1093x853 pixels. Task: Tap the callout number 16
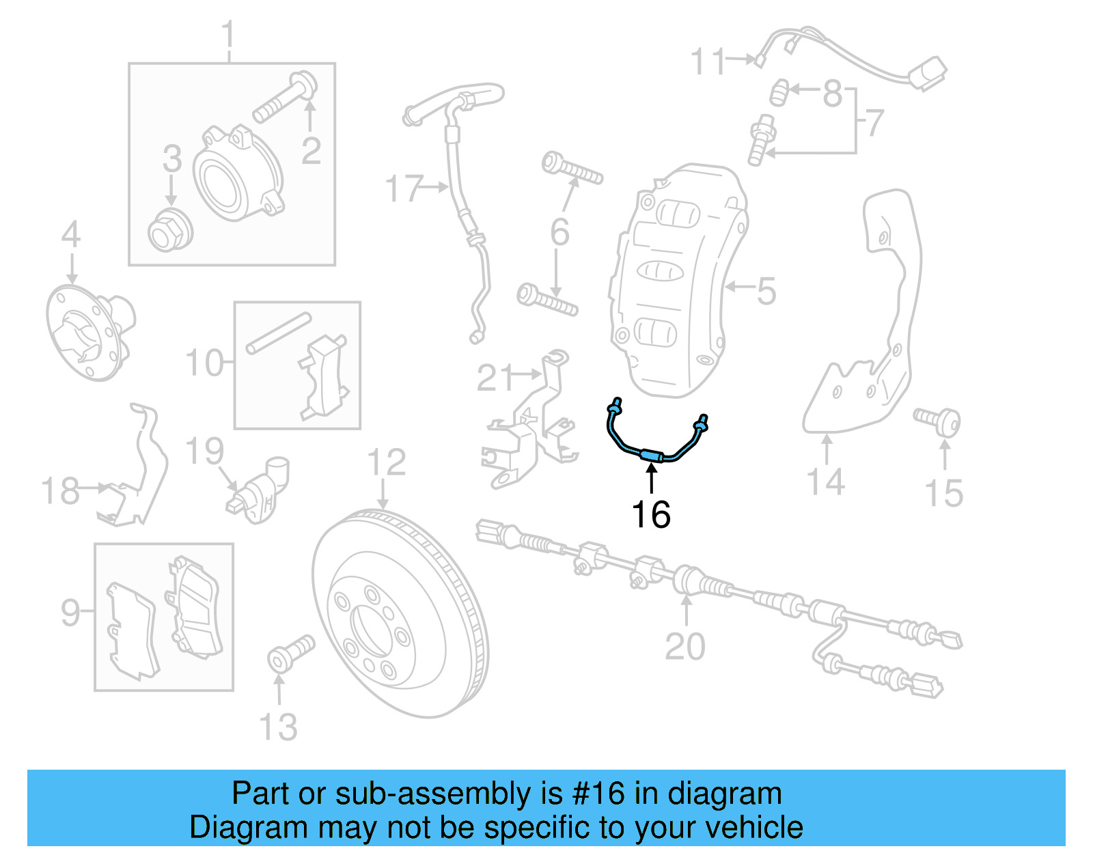coord(650,514)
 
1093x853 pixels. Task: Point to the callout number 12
coord(387,463)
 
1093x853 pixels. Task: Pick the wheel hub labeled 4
coord(89,331)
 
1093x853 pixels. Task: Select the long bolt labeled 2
coord(284,99)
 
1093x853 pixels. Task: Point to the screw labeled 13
coord(290,654)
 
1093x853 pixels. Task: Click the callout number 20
coord(685,646)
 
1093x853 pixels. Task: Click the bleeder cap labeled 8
coord(779,92)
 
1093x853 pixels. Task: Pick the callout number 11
coord(707,61)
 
